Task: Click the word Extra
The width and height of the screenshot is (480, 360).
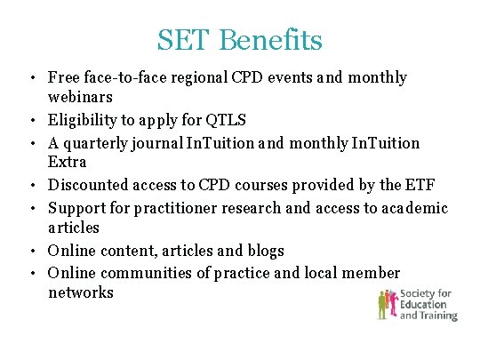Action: click(67, 163)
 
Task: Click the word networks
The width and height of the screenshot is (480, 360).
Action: click(81, 293)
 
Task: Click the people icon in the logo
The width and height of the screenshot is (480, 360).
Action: click(387, 304)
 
